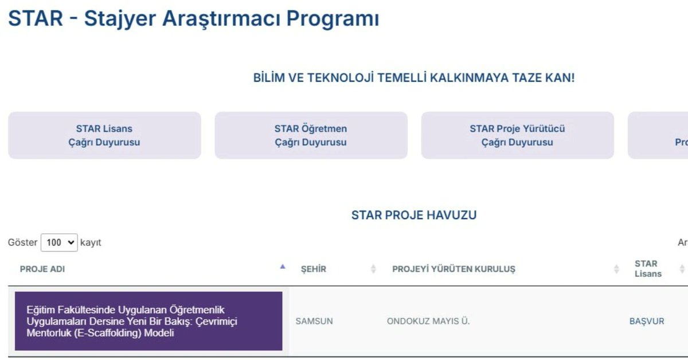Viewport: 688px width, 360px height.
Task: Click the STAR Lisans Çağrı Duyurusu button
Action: click(x=104, y=135)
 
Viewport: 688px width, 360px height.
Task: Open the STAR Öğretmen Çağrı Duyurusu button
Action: click(x=311, y=135)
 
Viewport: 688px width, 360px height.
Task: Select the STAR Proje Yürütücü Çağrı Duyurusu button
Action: click(x=517, y=135)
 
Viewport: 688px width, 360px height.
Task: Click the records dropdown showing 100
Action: click(x=59, y=242)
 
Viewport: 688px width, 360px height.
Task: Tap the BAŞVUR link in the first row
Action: click(x=647, y=321)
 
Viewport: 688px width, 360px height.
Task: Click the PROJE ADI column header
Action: click(x=42, y=269)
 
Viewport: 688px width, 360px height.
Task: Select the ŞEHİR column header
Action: click(x=314, y=269)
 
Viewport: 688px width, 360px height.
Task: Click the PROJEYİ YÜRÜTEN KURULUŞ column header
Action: click(x=454, y=269)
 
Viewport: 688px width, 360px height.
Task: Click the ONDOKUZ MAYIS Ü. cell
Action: click(x=428, y=321)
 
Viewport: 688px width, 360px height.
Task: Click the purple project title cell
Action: click(x=148, y=321)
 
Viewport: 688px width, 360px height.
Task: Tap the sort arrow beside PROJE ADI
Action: click(x=282, y=267)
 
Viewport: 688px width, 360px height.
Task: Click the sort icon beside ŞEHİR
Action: click(x=373, y=269)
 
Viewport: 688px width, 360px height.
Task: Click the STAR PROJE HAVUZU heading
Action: click(x=414, y=215)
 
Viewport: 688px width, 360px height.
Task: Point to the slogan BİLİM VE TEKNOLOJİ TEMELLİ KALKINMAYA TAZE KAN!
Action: click(x=414, y=78)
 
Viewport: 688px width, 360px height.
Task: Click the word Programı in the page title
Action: click(x=333, y=18)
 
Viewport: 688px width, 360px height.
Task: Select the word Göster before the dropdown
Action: click(x=22, y=242)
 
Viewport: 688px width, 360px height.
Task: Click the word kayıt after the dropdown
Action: click(x=91, y=242)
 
